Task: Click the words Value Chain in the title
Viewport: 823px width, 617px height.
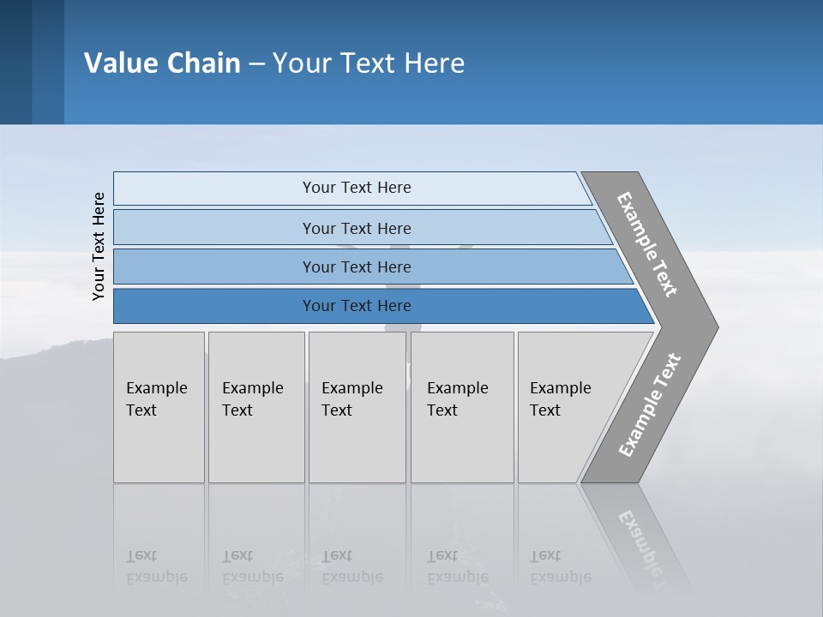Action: (162, 63)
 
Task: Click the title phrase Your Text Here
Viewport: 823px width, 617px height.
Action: (369, 63)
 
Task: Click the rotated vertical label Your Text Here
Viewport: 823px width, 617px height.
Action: (99, 247)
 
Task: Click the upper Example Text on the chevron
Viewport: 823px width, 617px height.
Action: (647, 244)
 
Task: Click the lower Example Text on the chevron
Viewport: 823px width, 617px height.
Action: (649, 405)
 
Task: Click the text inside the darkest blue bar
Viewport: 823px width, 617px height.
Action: (357, 306)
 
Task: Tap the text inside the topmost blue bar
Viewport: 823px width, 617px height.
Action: (357, 188)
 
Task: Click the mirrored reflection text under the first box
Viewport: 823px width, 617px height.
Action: (156, 567)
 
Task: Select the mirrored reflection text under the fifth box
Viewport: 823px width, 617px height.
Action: (560, 567)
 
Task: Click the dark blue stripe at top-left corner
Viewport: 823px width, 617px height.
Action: (15, 62)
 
